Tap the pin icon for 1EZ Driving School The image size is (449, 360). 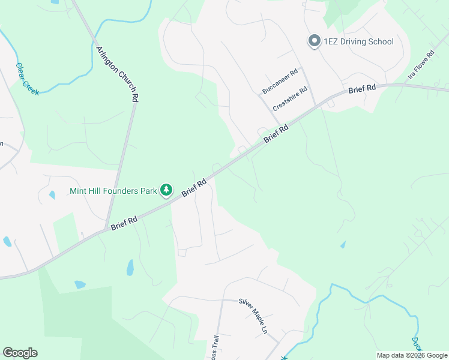[x=313, y=41]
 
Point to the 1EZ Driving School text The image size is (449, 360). [x=358, y=41]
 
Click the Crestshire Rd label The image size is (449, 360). [x=290, y=98]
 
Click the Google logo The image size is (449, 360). [x=20, y=353]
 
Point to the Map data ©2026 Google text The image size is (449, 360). [x=412, y=355]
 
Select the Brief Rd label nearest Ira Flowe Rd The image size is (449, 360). [x=362, y=88]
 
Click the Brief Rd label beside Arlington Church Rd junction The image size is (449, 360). [x=124, y=223]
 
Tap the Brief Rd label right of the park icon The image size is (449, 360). [x=194, y=187]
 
